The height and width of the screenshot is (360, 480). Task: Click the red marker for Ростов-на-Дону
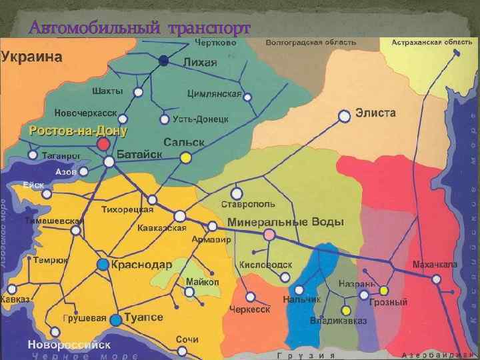pos(103,144)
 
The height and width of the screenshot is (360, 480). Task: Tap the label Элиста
pos(375,113)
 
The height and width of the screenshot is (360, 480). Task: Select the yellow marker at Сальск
pos(185,157)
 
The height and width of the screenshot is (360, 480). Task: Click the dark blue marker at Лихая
pos(164,61)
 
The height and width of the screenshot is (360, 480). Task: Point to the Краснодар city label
pos(141,265)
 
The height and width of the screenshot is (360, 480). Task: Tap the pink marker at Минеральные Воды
pos(269,234)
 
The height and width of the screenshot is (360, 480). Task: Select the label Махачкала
pos(435,265)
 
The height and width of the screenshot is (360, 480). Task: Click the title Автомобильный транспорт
pos(140,28)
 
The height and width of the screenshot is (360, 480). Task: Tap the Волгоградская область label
pos(311,42)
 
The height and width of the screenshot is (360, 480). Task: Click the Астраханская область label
pos(431,42)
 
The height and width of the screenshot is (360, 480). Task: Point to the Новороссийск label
pos(69,345)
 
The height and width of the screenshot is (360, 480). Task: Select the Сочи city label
pos(187,339)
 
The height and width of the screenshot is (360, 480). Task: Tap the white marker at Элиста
pos(344,117)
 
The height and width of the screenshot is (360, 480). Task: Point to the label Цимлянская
pos(214,93)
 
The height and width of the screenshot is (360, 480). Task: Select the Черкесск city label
pos(249,310)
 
